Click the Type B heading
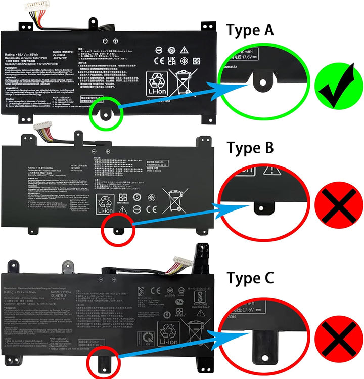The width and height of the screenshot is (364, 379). coord(251,148)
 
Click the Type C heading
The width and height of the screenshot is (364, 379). coord(251,278)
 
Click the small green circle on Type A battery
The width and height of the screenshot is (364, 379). coord(105,112)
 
